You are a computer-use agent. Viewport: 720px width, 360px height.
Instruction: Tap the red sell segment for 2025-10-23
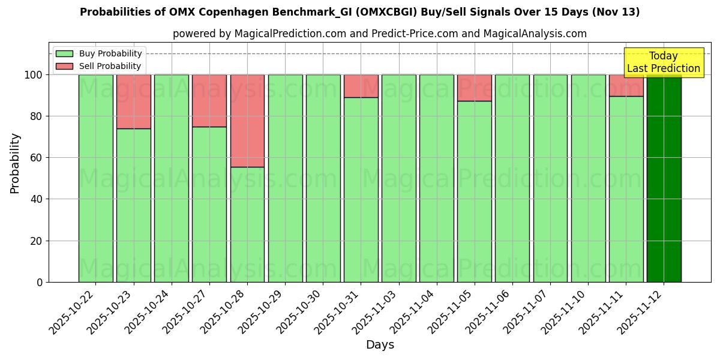point(133,101)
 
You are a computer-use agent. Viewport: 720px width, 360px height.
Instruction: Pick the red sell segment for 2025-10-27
point(209,100)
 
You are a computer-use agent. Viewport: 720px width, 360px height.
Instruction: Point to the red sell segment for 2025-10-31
point(361,86)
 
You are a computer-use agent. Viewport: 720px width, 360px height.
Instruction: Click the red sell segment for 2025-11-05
point(474,88)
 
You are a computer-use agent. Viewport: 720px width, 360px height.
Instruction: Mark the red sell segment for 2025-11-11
point(626,85)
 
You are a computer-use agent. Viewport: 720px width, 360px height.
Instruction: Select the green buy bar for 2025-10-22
point(95,178)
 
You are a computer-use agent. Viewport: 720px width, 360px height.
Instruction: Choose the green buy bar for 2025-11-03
point(398,178)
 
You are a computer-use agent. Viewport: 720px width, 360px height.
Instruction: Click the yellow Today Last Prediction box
point(663,62)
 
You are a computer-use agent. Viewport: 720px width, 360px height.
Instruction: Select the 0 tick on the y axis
point(40,282)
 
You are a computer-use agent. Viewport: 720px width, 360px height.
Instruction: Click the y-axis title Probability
point(15,163)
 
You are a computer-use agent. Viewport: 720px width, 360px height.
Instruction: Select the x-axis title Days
point(380,345)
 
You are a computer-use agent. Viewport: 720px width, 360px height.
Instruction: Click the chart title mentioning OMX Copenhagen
point(359,12)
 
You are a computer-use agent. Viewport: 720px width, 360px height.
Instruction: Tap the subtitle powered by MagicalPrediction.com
point(379,34)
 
